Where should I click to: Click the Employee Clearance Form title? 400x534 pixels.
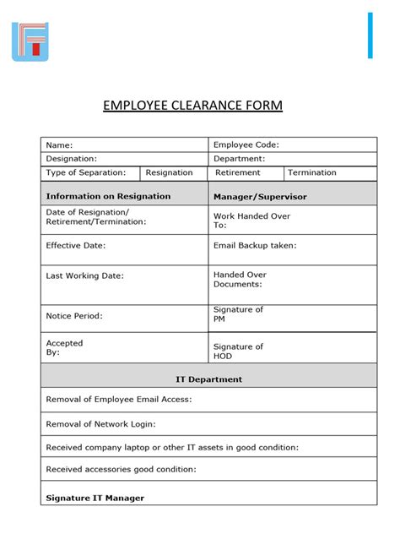pyautogui.click(x=192, y=106)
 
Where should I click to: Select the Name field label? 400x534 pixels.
pyautogui.click(x=59, y=145)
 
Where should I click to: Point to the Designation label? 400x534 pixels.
pyautogui.click(x=72, y=159)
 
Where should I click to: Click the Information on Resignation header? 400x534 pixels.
pyautogui.click(x=108, y=196)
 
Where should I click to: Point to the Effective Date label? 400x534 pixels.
pyautogui.click(x=76, y=246)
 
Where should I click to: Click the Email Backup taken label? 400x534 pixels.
pyautogui.click(x=255, y=246)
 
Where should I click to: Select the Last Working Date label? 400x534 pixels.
pyautogui.click(x=85, y=275)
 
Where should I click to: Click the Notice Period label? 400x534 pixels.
pyautogui.click(x=74, y=316)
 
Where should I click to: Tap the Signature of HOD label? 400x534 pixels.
pyautogui.click(x=238, y=351)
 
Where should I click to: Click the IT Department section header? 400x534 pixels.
pyautogui.click(x=208, y=379)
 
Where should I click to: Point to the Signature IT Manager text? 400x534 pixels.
pyautogui.click(x=95, y=498)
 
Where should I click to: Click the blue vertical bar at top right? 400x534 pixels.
pyautogui.click(x=370, y=35)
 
